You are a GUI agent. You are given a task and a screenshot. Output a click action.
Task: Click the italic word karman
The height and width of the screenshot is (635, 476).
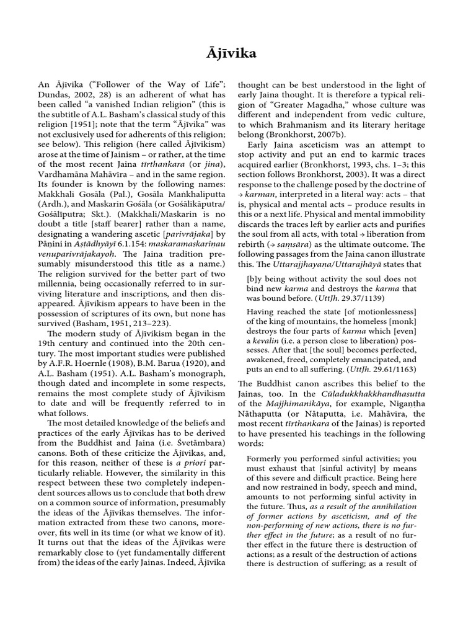coord(260,194)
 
